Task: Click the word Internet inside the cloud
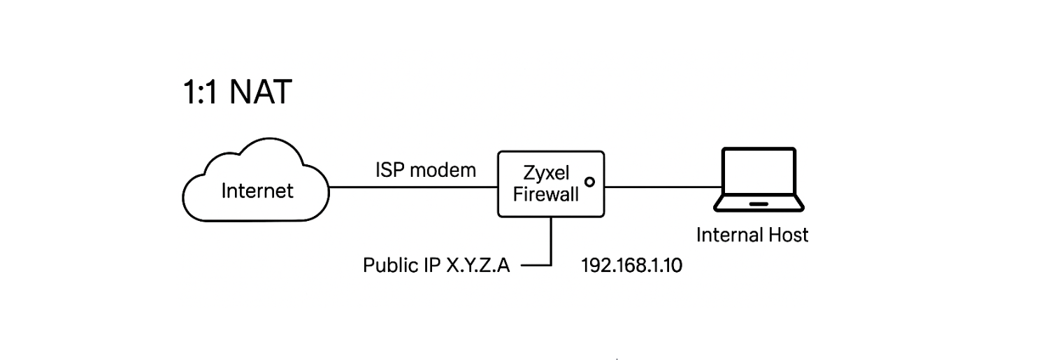coord(257,190)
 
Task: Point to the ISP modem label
coord(426,170)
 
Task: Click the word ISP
coord(391,170)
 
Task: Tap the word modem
coord(443,170)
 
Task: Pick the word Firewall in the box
coord(545,194)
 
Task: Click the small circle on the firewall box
coord(589,182)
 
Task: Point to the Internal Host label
coord(752,235)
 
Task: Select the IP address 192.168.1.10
coord(631,266)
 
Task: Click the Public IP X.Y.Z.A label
coord(436,266)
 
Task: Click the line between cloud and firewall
coord(412,187)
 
